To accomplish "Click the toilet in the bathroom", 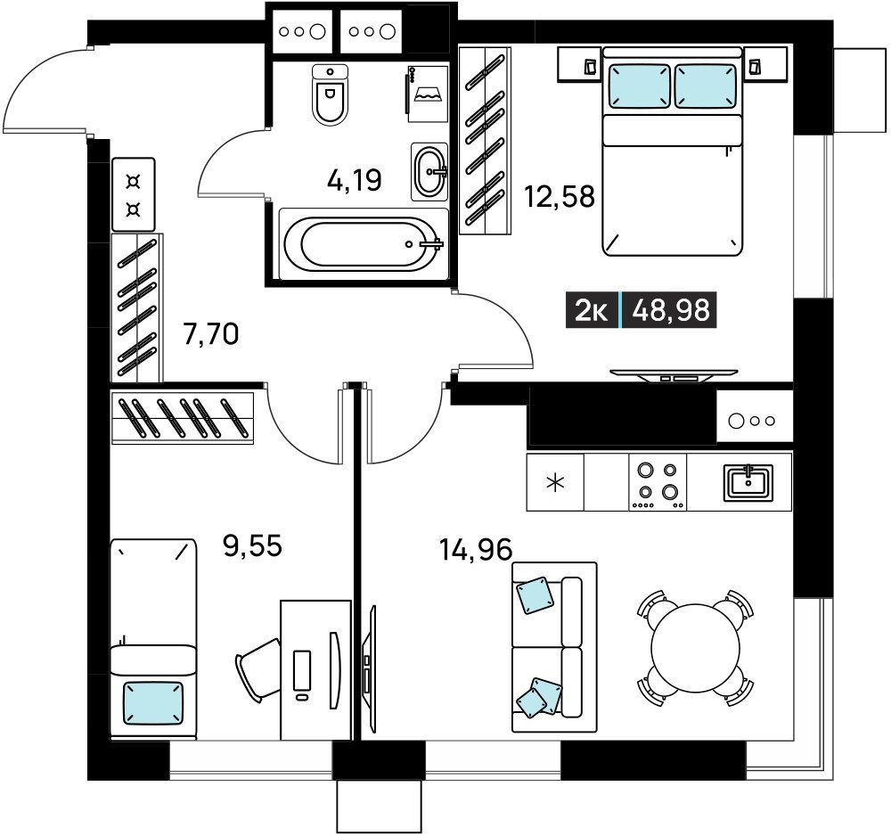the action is point(330,94).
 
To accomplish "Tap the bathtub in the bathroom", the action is point(364,244).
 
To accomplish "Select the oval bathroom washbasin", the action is point(429,171).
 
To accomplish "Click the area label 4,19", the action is point(355,180).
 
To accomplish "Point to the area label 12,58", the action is point(560,197).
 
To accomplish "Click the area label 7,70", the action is point(211,333).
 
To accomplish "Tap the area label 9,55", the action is point(253,545).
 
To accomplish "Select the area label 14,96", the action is point(476,550).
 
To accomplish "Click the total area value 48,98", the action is point(671,310).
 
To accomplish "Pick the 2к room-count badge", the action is point(592,310).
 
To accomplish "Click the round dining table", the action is point(696,648).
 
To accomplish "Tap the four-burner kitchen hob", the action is point(658,482).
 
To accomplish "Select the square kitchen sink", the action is point(748,483).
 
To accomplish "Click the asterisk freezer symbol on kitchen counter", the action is point(555,483).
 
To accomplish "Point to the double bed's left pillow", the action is point(639,86).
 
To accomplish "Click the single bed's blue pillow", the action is point(153,703).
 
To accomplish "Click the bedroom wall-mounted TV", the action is point(674,374).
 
